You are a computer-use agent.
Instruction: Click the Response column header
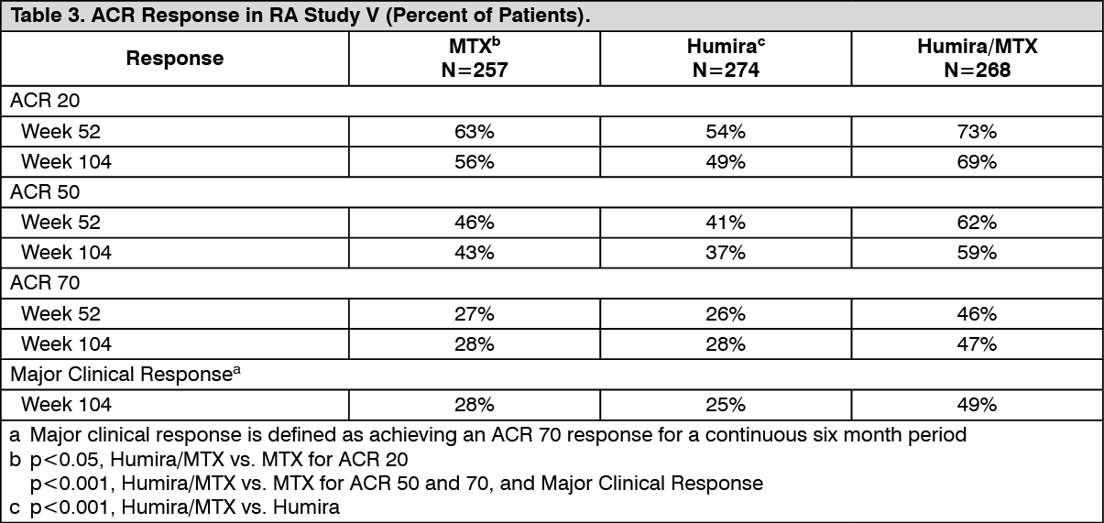pyautogui.click(x=175, y=59)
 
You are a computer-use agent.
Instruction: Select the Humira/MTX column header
pyautogui.click(x=978, y=47)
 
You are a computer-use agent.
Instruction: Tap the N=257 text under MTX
pyautogui.click(x=475, y=70)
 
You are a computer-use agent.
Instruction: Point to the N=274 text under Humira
pyautogui.click(x=726, y=70)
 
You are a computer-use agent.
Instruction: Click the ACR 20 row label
pyautogui.click(x=45, y=101)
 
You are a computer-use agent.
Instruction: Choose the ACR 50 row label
pyautogui.click(x=45, y=191)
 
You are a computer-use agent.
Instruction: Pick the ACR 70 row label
pyautogui.click(x=45, y=283)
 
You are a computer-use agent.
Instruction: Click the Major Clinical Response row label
pyautogui.click(x=126, y=374)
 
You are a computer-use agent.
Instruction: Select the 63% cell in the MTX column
pyautogui.click(x=475, y=132)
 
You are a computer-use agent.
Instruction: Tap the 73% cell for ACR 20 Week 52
pyautogui.click(x=977, y=132)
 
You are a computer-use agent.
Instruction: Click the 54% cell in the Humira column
pyautogui.click(x=726, y=132)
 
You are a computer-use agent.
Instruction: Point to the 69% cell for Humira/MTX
pyautogui.click(x=977, y=162)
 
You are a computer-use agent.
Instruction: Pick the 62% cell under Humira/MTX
pyautogui.click(x=977, y=223)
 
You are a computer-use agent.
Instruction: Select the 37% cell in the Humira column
pyautogui.click(x=726, y=254)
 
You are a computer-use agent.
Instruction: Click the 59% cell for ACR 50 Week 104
pyautogui.click(x=977, y=254)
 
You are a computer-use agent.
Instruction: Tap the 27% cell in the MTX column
pyautogui.click(x=475, y=314)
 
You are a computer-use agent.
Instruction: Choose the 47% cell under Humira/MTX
pyautogui.click(x=977, y=344)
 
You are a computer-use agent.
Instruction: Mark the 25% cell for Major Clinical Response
pyautogui.click(x=726, y=405)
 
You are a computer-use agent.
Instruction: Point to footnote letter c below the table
pyautogui.click(x=15, y=507)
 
